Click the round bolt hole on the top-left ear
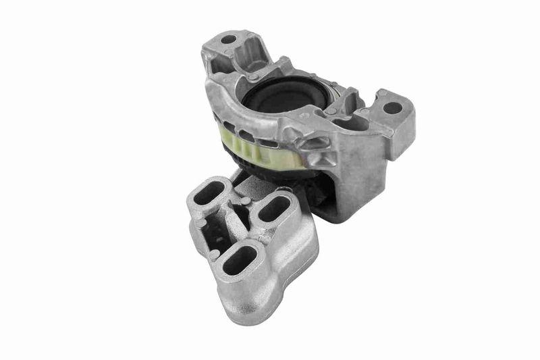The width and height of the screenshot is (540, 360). point(227,39)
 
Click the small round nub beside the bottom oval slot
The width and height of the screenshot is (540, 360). point(214,255)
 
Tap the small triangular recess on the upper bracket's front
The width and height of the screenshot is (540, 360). point(313,144)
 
